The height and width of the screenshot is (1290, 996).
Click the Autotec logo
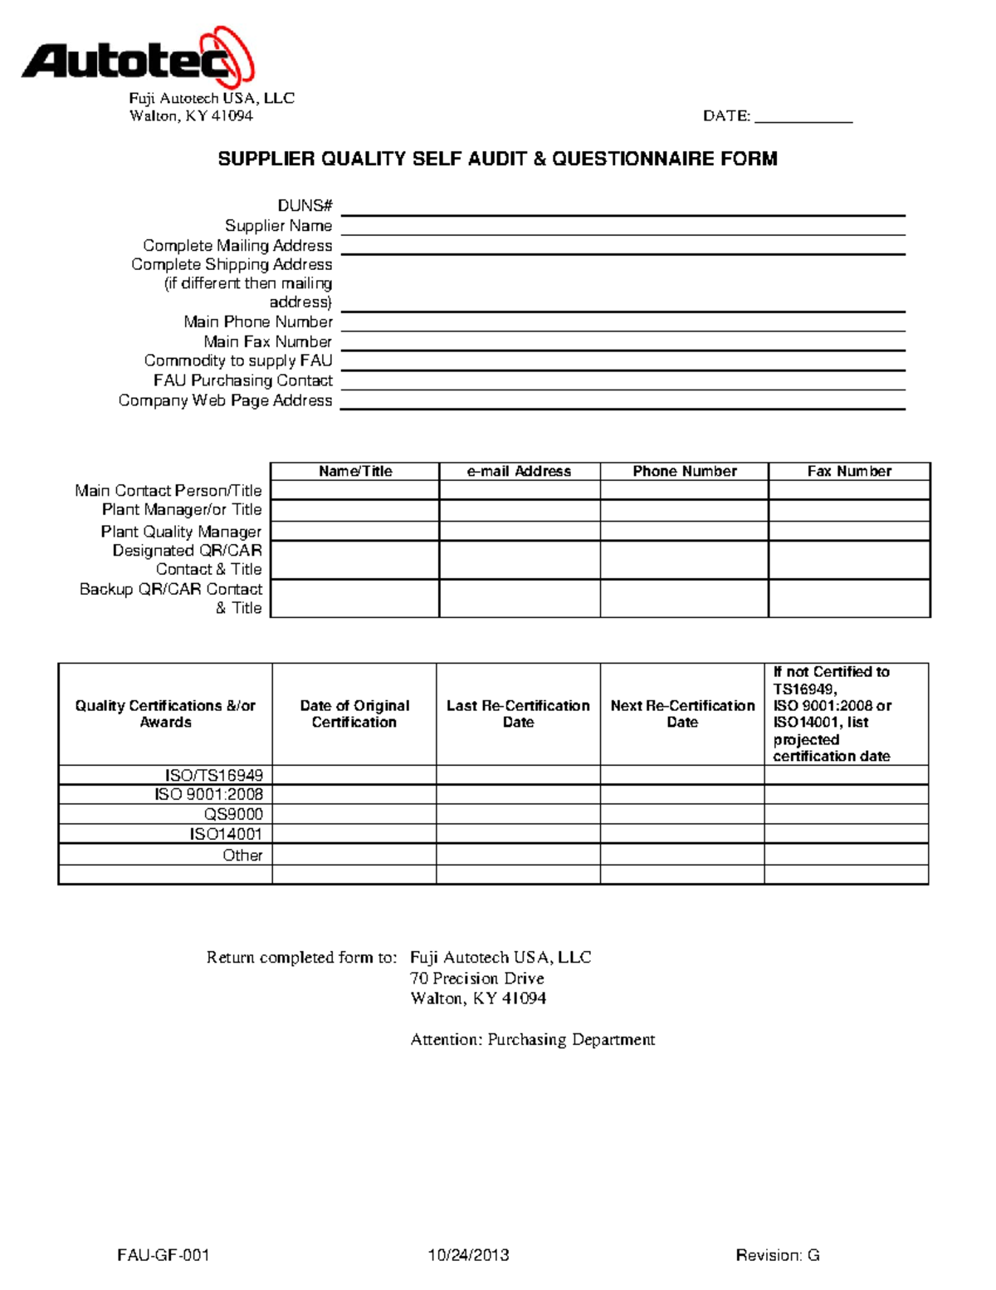tap(138, 58)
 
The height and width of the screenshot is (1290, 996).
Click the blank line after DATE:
tap(803, 116)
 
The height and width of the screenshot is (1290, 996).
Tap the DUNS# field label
tap(305, 206)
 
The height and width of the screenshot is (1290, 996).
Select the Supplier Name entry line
tap(622, 227)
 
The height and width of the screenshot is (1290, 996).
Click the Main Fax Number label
tap(267, 341)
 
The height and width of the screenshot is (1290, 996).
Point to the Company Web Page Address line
tap(622, 401)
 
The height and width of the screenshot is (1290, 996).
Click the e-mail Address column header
tap(519, 472)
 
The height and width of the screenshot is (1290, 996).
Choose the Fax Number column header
tap(849, 472)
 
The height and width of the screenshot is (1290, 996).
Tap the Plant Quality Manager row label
tap(181, 532)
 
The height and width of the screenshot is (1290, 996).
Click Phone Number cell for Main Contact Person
tap(684, 490)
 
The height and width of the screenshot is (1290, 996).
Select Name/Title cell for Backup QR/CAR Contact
tap(354, 598)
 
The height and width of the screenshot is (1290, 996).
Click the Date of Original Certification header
tap(354, 714)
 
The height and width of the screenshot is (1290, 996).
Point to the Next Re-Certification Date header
tap(682, 714)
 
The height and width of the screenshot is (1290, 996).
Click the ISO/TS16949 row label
tap(213, 775)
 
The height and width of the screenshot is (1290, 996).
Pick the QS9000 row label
tap(233, 814)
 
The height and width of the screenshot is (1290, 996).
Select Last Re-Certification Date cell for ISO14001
tap(518, 834)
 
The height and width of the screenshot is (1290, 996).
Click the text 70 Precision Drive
tap(477, 979)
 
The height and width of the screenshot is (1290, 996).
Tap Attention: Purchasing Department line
tap(532, 1040)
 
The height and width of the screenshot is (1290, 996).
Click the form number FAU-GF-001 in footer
tap(164, 1255)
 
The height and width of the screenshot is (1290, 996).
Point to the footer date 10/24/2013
tap(468, 1255)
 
